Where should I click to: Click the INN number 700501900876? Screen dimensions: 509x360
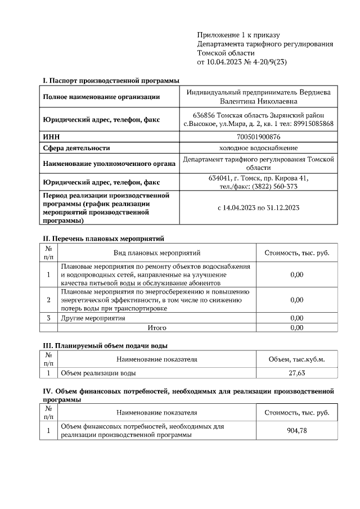click(x=259, y=137)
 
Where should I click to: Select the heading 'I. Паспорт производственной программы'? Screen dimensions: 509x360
click(x=107, y=81)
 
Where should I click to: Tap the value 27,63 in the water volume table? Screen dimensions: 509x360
click(x=296, y=372)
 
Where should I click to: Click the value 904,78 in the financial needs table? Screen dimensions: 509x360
click(x=296, y=431)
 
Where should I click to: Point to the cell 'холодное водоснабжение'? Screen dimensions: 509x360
click(x=259, y=148)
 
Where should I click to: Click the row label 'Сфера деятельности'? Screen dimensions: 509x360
click(x=76, y=148)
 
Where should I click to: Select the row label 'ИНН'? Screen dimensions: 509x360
click(x=52, y=137)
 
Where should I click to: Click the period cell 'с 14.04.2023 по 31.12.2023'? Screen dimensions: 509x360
click(x=259, y=208)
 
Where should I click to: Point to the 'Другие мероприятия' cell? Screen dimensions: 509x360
click(x=93, y=318)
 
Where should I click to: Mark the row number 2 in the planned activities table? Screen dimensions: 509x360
click(x=49, y=300)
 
